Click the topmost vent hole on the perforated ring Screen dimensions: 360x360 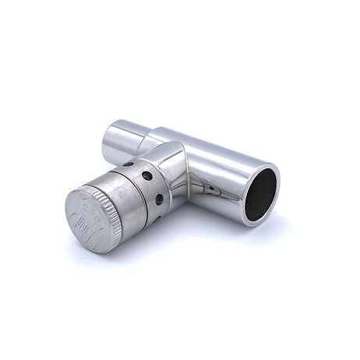tap(128, 164)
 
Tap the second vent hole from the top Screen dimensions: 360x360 tap(146, 176)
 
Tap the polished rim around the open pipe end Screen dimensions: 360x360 tap(274, 176)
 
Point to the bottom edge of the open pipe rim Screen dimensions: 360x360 tap(254, 224)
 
